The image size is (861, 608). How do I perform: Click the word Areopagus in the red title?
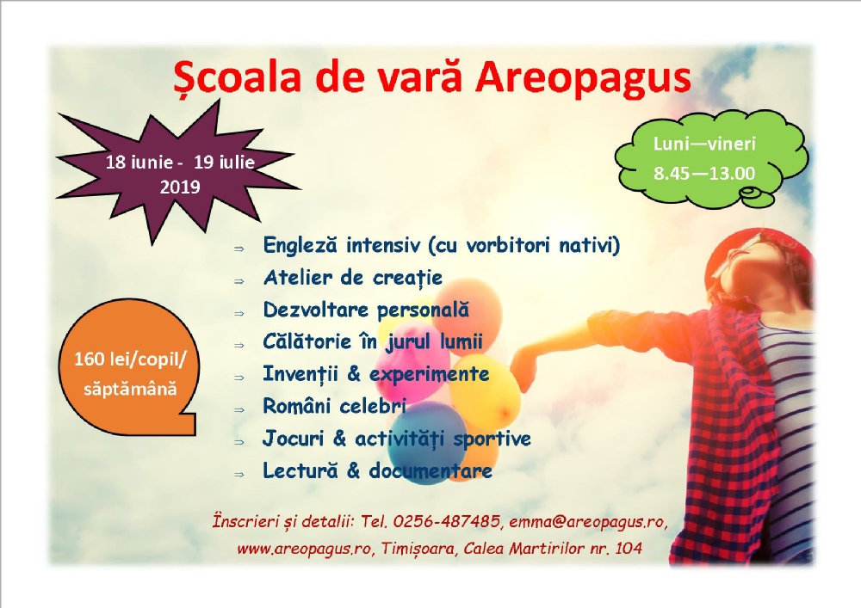(583, 79)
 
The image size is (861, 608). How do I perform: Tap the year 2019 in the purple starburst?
(180, 187)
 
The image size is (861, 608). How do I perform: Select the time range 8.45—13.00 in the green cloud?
(704, 173)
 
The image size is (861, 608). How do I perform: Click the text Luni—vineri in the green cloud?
(704, 144)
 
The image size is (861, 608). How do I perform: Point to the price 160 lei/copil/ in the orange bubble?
(131, 359)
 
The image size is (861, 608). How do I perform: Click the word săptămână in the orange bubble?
(131, 389)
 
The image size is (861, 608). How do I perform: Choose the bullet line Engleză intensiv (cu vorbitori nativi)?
(442, 245)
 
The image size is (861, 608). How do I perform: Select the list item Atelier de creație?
(353, 278)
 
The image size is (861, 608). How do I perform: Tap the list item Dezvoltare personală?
(366, 310)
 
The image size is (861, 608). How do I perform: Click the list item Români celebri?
(334, 406)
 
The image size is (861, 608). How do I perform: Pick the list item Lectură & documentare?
(377, 470)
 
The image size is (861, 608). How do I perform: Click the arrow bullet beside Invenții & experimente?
(238, 378)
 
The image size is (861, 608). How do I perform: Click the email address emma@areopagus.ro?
(586, 522)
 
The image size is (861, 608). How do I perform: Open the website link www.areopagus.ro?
(304, 549)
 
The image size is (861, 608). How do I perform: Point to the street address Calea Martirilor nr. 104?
(553, 549)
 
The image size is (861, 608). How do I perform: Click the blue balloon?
(427, 442)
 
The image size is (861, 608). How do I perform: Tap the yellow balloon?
(484, 391)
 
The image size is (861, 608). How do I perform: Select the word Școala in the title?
(238, 79)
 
